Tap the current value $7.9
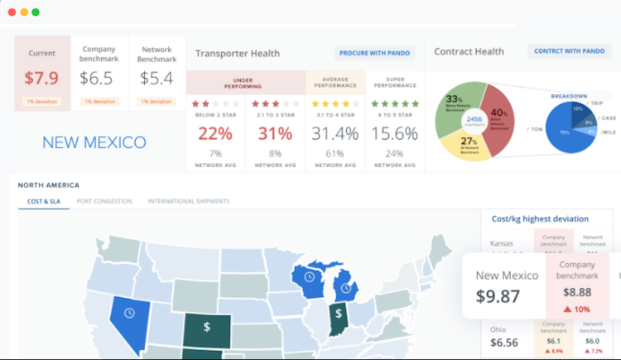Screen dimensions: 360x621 [41, 79]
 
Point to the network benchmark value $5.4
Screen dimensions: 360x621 [156, 79]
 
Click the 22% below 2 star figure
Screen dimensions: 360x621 [215, 133]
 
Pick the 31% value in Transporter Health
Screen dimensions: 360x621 [275, 133]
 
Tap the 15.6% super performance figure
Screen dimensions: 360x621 [394, 133]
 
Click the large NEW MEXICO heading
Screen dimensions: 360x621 [94, 142]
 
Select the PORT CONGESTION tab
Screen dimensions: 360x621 [104, 201]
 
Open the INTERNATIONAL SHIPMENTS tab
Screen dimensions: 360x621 [189, 201]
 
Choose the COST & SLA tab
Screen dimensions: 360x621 [44, 201]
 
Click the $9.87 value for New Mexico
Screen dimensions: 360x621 [500, 295]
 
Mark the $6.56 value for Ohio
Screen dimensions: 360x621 [503, 343]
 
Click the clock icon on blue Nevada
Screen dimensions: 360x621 [129, 313]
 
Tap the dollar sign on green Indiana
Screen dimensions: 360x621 [338, 313]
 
